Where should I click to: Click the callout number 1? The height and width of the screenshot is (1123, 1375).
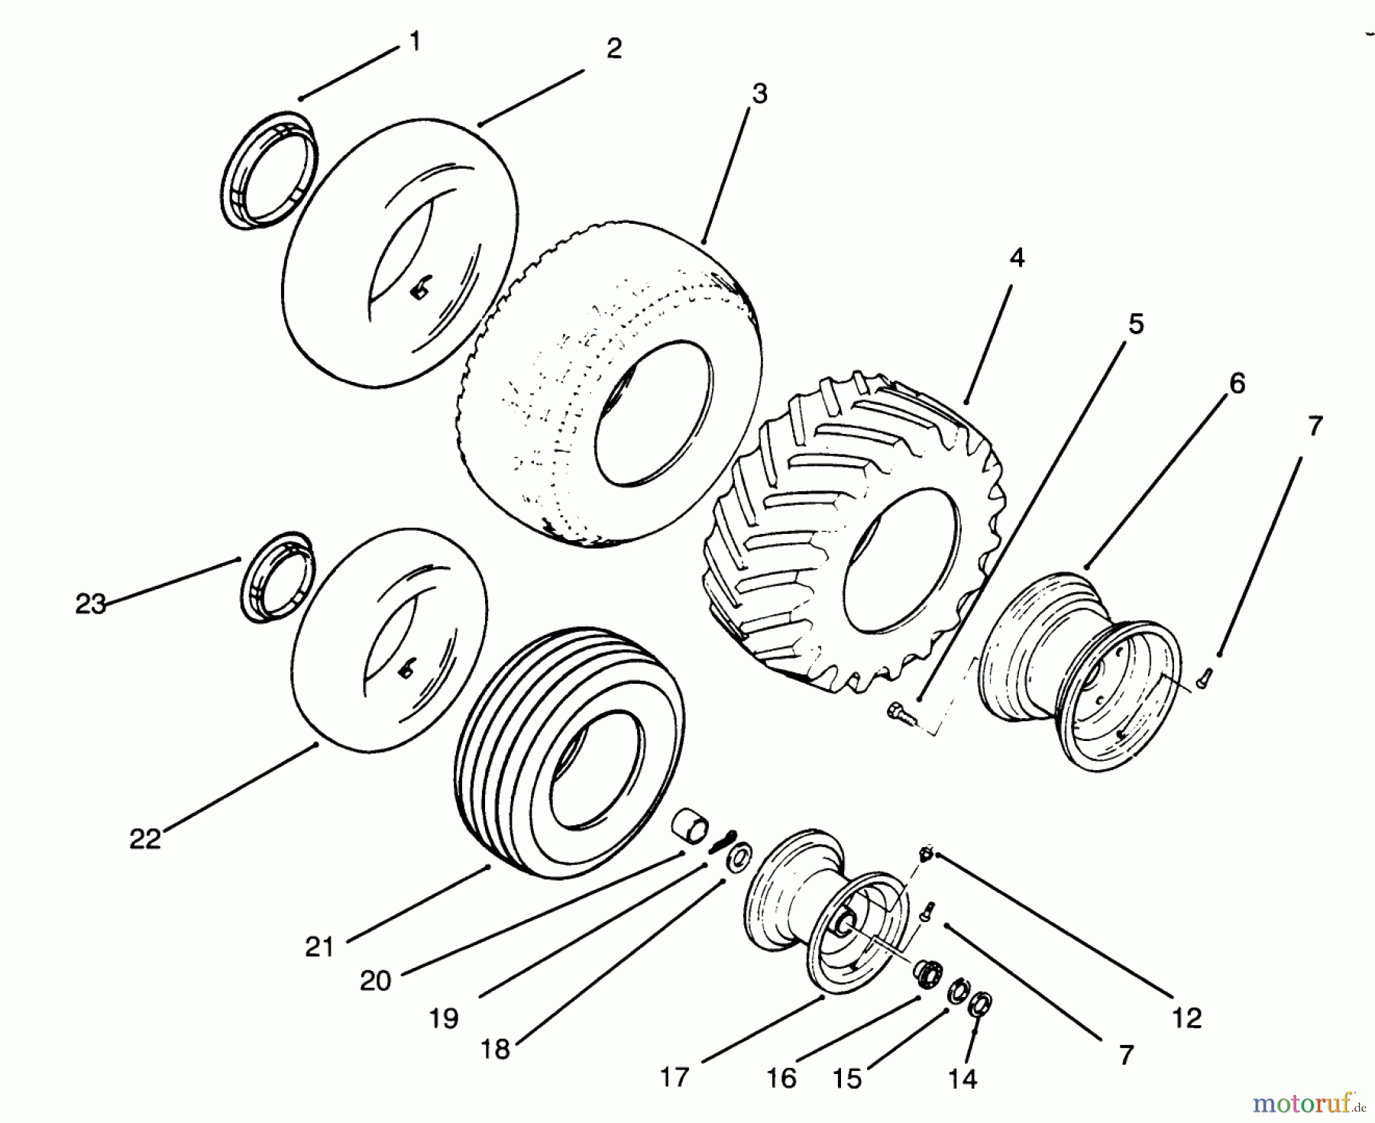(415, 41)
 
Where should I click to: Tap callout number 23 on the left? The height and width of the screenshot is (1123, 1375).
(90, 604)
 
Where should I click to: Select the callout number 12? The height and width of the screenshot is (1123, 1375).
(1186, 1018)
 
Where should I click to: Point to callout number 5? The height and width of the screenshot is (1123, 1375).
(1136, 324)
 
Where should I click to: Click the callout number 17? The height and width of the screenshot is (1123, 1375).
(675, 1077)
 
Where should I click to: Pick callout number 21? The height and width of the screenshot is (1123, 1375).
(319, 947)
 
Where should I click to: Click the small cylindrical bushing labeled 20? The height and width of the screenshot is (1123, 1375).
(689, 830)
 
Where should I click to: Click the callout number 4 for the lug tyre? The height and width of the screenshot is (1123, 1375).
(1016, 258)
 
